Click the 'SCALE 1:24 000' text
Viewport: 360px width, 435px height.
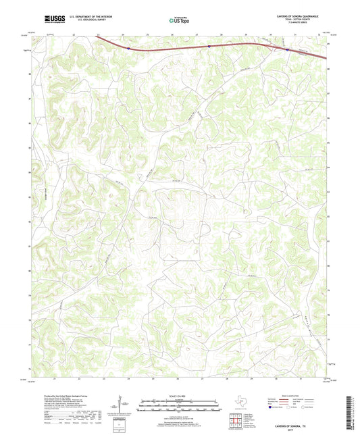point(179,396)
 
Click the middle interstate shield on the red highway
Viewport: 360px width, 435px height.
point(209,47)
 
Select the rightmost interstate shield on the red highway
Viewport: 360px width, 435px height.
point(287,49)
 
